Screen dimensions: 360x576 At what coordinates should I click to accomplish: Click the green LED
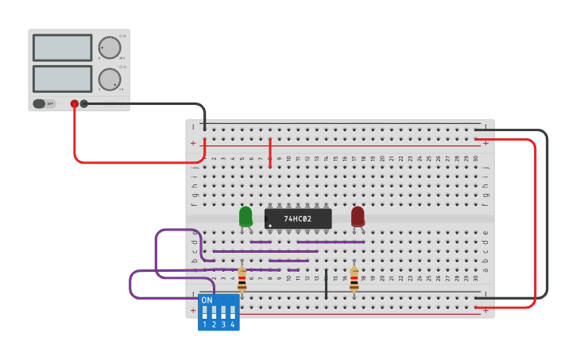click(245, 215)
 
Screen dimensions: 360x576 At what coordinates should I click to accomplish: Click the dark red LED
click(358, 215)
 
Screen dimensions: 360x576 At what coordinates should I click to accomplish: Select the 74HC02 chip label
click(297, 219)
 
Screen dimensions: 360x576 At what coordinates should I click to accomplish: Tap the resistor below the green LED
click(242, 279)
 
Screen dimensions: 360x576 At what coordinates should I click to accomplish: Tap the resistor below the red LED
click(354, 279)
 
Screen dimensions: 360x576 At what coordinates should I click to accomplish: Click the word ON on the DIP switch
click(207, 300)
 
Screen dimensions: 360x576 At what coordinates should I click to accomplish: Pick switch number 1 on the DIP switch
click(205, 312)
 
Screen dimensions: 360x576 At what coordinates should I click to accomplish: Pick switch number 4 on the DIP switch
click(232, 312)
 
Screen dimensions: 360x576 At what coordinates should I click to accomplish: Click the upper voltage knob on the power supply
click(109, 48)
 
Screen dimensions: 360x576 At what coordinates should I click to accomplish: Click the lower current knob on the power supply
click(109, 78)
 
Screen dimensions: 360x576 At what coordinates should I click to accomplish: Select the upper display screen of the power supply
click(62, 48)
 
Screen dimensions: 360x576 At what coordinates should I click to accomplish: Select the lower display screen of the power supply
click(62, 78)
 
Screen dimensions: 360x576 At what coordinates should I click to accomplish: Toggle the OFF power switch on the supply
click(44, 103)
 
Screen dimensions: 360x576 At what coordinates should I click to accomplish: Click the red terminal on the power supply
click(75, 103)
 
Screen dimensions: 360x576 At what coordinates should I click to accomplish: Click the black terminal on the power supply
click(83, 103)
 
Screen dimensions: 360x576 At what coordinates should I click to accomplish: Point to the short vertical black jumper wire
click(326, 284)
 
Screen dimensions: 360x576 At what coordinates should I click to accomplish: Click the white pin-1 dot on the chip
click(270, 226)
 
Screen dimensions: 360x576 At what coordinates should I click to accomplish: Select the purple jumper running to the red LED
click(331, 242)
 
